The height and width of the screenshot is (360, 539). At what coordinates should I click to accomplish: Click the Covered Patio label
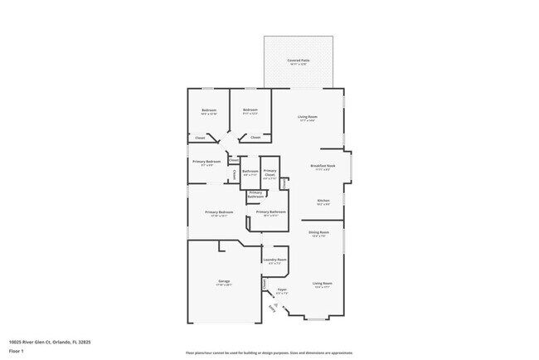[x=299, y=61]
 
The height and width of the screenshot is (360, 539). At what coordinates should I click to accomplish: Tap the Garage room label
[x=224, y=281]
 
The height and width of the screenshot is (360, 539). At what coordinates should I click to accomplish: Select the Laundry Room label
[x=275, y=260]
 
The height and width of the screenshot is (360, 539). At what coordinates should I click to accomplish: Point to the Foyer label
[x=282, y=289]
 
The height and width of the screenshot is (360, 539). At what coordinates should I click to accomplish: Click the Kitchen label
[x=323, y=200]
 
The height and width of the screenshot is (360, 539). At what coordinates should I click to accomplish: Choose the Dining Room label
[x=319, y=232]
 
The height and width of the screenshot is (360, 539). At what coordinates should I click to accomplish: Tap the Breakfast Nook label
[x=323, y=166]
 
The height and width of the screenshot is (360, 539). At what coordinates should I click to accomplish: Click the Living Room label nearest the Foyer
[x=322, y=283]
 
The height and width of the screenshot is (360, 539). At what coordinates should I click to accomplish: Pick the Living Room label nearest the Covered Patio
[x=308, y=116]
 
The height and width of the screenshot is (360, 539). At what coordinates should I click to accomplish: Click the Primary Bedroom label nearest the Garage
[x=220, y=212]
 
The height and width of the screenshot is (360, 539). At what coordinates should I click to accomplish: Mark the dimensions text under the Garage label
[x=224, y=285]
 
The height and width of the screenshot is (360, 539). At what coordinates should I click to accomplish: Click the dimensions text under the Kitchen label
[x=323, y=204]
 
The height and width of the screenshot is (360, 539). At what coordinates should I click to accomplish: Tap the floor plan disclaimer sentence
[x=269, y=353]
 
